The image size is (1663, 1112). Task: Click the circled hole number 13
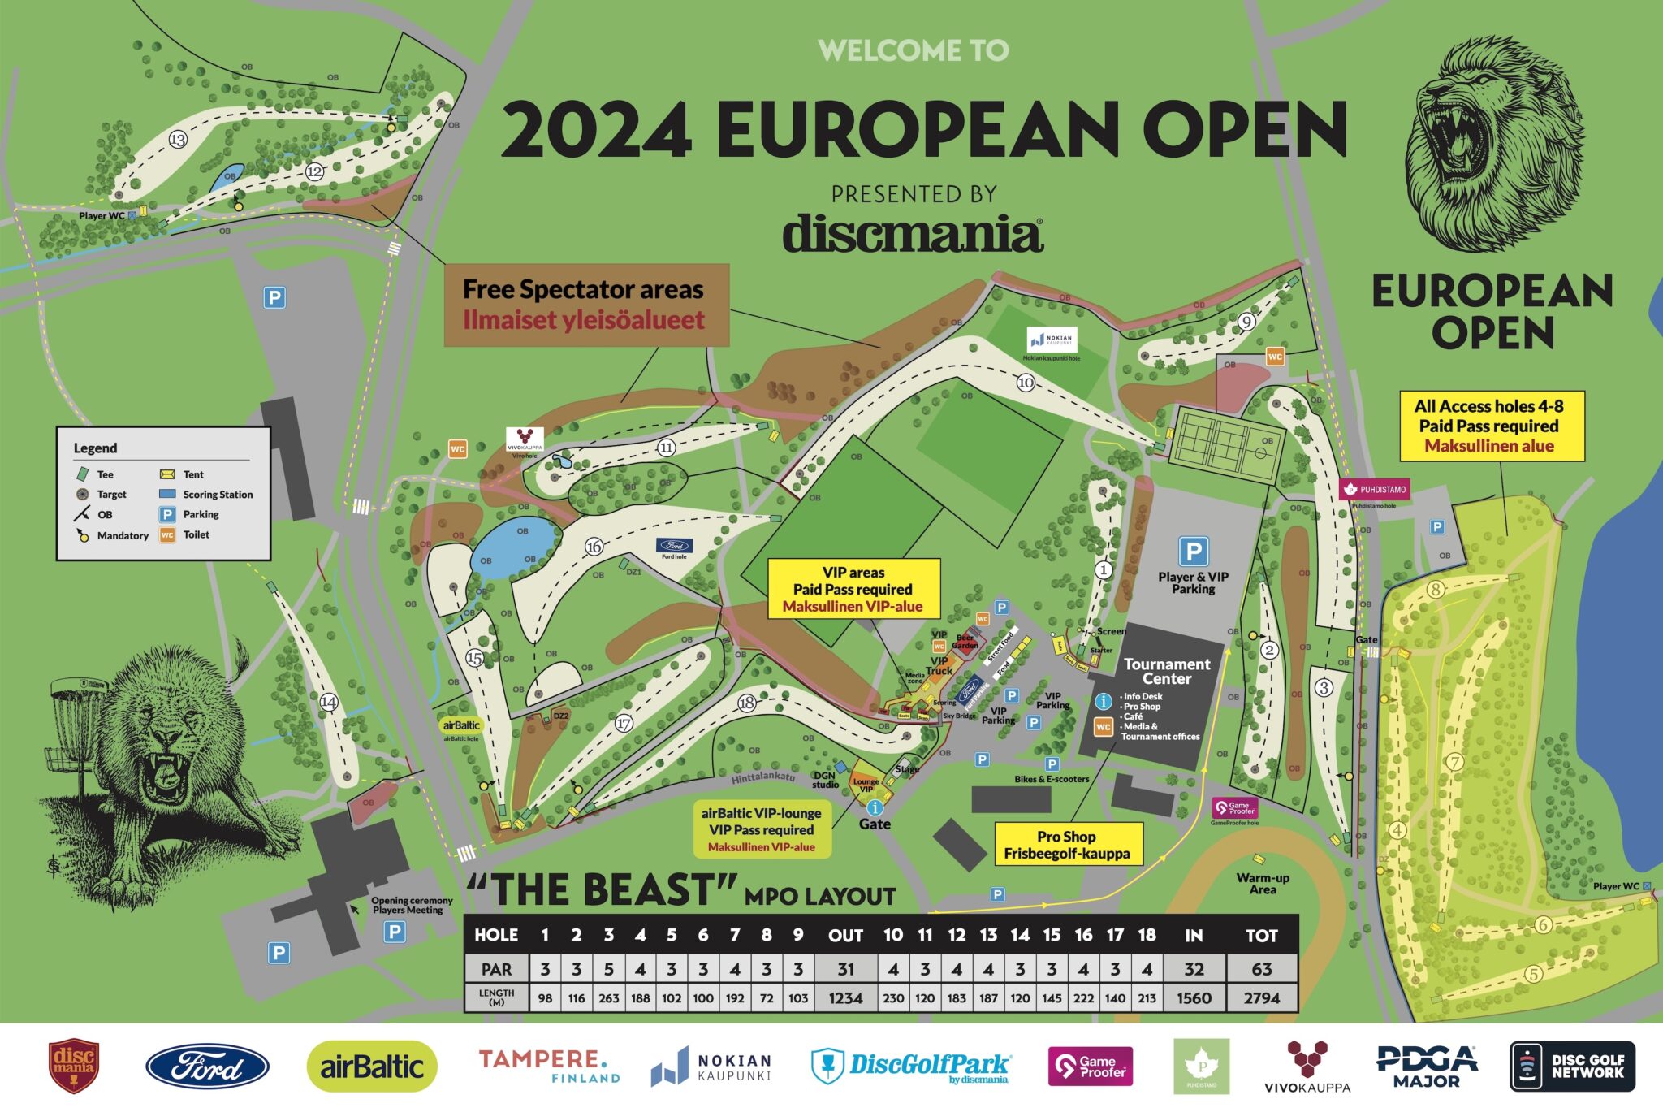click(x=178, y=140)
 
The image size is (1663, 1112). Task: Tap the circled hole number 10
click(x=1026, y=382)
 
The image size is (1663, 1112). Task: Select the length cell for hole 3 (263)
click(x=608, y=997)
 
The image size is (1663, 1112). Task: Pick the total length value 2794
click(x=1261, y=997)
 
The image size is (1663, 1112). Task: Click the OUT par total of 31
click(x=845, y=968)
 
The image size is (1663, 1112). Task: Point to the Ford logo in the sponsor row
click(x=207, y=1066)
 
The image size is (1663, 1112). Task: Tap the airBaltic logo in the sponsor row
click(x=372, y=1066)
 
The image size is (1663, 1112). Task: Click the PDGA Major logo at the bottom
click(x=1427, y=1066)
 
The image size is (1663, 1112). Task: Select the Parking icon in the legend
click(x=167, y=514)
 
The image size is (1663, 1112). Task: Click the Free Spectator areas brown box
click(x=585, y=305)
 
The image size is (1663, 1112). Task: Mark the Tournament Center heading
click(x=1167, y=671)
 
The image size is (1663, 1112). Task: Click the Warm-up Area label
click(x=1263, y=883)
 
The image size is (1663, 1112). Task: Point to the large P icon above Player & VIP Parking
click(x=1193, y=551)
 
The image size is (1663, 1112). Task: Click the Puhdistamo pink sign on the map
click(x=1374, y=489)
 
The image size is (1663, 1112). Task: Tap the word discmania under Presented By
click(x=913, y=234)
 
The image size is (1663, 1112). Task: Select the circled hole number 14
click(x=328, y=702)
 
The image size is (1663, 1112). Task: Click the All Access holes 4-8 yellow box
click(x=1491, y=426)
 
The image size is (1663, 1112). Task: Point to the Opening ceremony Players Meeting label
click(x=412, y=905)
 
